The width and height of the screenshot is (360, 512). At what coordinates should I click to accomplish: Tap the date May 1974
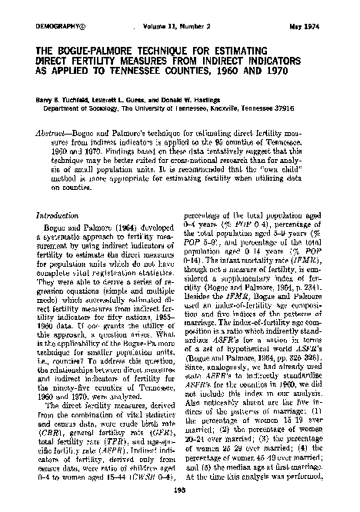pyautogui.click(x=323, y=25)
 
